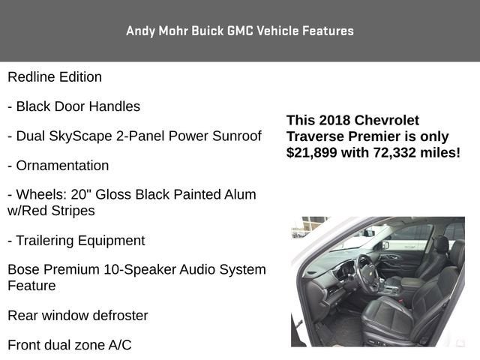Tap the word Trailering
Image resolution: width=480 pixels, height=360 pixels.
[46, 241]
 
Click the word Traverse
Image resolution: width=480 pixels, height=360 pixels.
[316, 136]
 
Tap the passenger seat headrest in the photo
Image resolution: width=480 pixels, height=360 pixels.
[440, 245]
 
